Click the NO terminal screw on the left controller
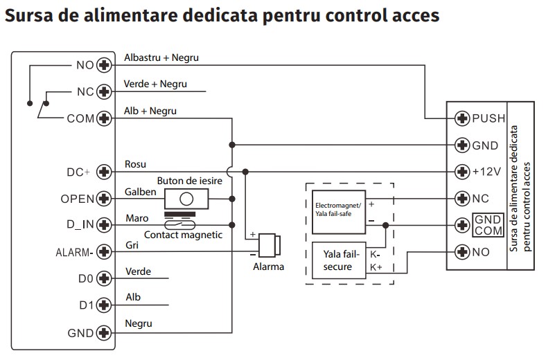(x=105, y=66)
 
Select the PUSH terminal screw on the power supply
(x=462, y=118)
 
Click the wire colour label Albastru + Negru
(x=161, y=57)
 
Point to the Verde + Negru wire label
(x=155, y=84)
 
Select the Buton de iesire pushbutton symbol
(x=185, y=199)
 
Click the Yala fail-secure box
(x=337, y=261)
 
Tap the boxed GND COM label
(x=488, y=225)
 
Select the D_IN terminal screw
(x=105, y=224)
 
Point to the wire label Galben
(x=141, y=192)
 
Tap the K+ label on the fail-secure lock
(x=376, y=267)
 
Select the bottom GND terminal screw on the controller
(x=105, y=333)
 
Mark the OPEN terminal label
(x=77, y=199)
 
